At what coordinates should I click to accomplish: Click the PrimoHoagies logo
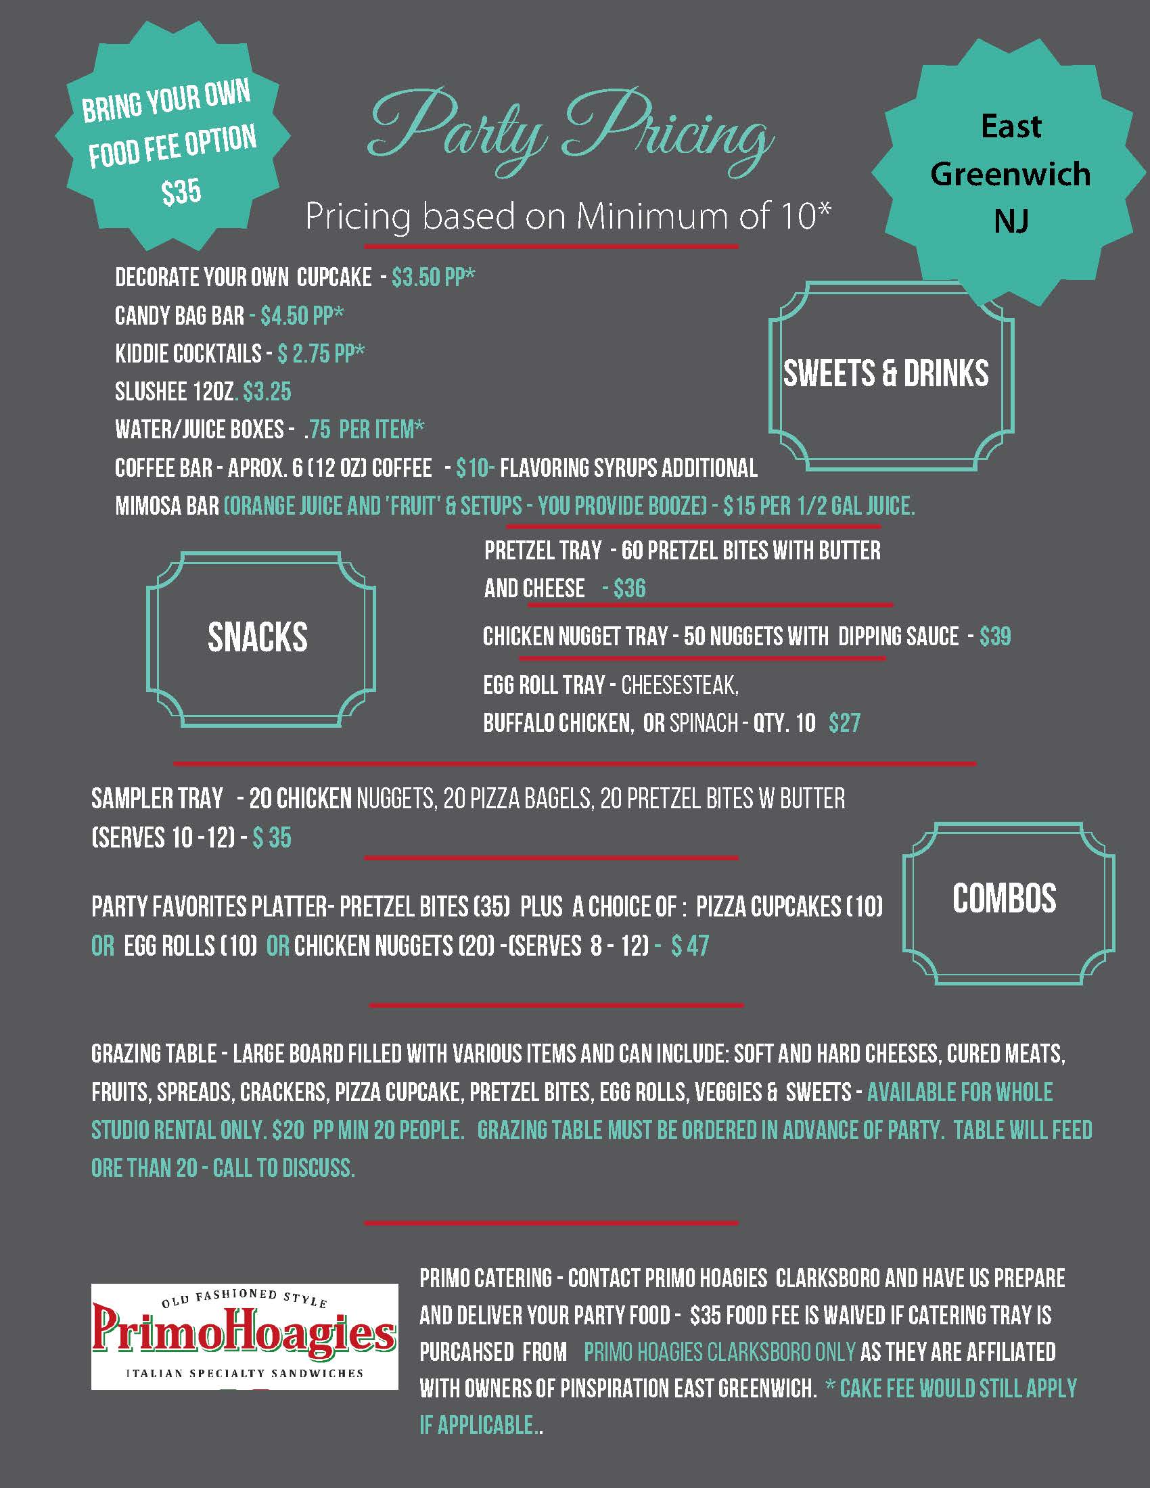244,1335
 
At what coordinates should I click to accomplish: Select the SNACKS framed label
258,637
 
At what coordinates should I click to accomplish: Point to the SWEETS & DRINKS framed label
885,373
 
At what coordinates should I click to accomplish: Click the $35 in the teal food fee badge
181,191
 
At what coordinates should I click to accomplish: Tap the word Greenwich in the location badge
1011,175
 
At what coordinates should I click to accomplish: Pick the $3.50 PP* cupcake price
434,277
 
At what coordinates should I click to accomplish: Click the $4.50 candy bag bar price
302,315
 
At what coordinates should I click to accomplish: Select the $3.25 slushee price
267,392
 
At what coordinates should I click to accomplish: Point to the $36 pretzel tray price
629,588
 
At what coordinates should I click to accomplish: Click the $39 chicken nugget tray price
994,636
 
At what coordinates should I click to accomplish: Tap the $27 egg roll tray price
844,723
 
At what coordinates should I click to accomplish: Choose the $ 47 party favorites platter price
689,946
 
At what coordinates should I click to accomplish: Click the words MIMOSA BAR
167,505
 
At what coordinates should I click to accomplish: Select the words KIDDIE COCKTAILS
188,354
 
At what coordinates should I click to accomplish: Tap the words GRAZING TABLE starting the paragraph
154,1054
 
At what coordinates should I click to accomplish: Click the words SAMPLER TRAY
158,799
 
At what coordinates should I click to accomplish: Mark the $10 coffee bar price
474,468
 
